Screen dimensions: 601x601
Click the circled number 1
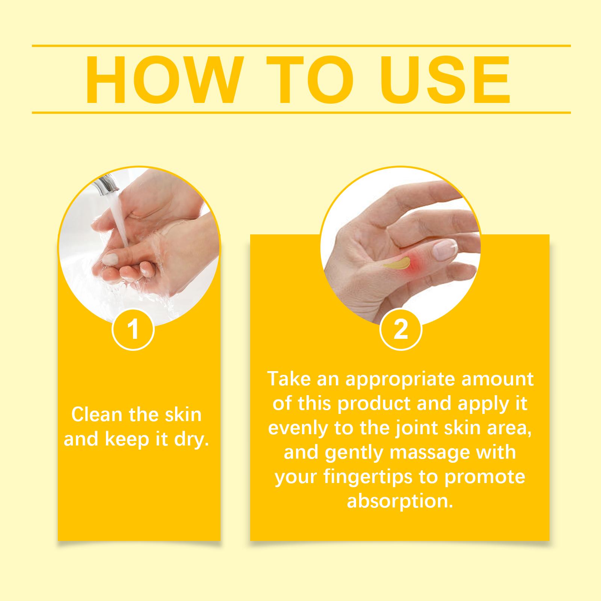click(x=133, y=329)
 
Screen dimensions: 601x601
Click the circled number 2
click(x=401, y=329)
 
